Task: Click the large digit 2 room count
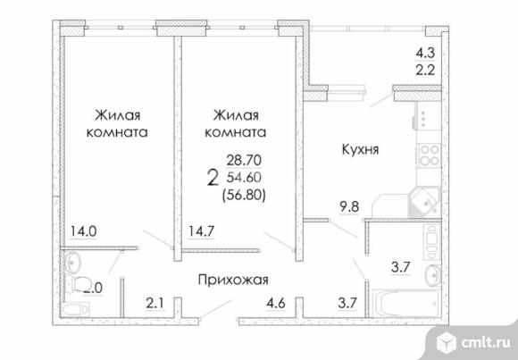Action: [x=212, y=177]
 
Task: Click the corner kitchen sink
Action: [x=422, y=201]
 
